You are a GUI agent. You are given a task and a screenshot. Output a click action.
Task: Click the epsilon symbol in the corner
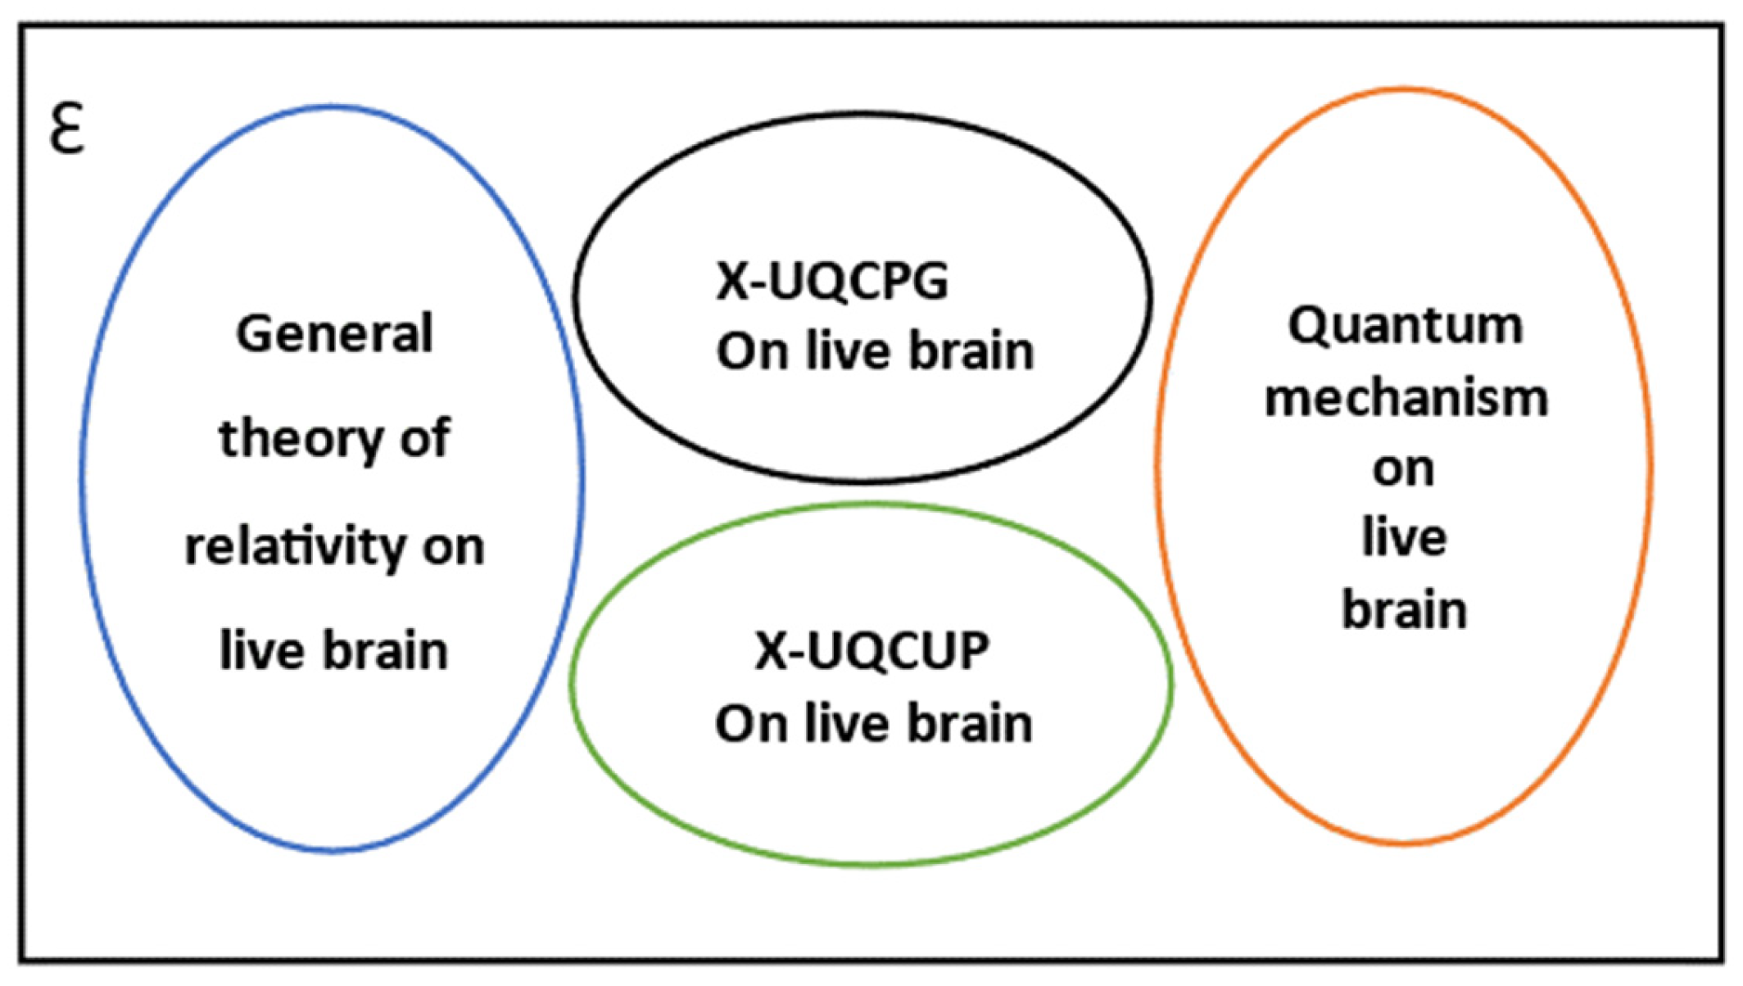[66, 129]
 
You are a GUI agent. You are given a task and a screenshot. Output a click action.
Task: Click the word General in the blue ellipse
[334, 333]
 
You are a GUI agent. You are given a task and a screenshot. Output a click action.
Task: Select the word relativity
[294, 546]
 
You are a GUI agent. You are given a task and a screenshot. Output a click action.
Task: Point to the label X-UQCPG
[831, 282]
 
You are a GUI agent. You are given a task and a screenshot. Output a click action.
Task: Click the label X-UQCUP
[871, 652]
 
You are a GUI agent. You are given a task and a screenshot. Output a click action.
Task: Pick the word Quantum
[1405, 326]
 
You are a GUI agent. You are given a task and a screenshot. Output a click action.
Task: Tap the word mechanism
[1406, 399]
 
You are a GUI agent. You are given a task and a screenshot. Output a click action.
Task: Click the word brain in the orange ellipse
[1404, 610]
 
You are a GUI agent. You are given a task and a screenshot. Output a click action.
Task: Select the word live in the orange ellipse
[1404, 538]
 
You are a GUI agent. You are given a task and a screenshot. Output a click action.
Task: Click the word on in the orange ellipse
[1403, 469]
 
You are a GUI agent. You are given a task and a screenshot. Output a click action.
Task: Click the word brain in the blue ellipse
[385, 651]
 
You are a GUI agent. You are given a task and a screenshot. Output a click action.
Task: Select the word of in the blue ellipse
[424, 438]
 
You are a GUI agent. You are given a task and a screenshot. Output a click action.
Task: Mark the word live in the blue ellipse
[256, 651]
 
